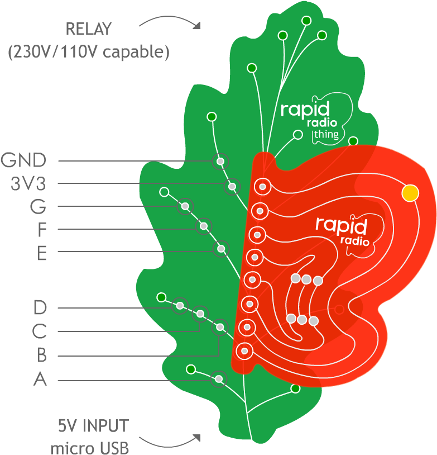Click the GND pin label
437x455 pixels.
[x=23, y=161]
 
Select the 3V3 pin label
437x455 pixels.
[x=28, y=184]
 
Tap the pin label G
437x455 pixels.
[x=38, y=207]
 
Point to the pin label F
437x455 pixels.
[x=42, y=230]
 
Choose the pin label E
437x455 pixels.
[x=42, y=253]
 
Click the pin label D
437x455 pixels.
[x=40, y=307]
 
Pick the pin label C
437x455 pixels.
[x=39, y=331]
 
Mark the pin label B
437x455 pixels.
[x=40, y=356]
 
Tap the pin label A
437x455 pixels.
[x=40, y=380]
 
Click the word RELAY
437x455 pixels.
[x=88, y=29]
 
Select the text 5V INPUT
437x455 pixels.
[x=93, y=426]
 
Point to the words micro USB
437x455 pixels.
[x=90, y=448]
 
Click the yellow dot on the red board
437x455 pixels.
[x=410, y=193]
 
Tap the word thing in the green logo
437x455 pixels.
[x=326, y=135]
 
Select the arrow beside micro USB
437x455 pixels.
[x=170, y=442]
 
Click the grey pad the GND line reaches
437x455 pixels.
[x=220, y=162]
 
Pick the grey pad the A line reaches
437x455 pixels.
[x=219, y=380]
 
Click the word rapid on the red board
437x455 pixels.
[x=341, y=225]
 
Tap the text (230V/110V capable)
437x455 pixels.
[x=88, y=53]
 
